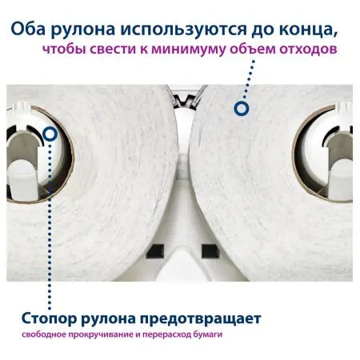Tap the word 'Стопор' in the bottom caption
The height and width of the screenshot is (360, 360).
(40, 319)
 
